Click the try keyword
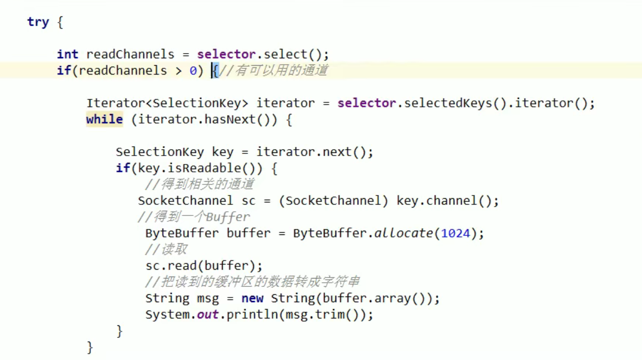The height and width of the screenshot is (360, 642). pos(38,22)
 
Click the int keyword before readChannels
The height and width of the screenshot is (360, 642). pos(67,54)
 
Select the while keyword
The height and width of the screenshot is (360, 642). pos(104,119)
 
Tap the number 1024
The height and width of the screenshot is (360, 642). pos(455,233)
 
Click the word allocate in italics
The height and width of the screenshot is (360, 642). pos(403,233)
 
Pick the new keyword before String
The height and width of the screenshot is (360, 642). pos(252,299)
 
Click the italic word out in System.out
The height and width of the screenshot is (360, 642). pos(208,315)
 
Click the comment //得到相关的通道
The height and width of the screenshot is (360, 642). pos(200,184)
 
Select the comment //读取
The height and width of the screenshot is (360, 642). pos(166,250)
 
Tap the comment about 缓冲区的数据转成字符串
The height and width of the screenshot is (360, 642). pos(252,282)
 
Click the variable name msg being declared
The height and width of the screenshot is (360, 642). pos(208,299)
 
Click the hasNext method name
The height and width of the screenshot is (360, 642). pos(230,119)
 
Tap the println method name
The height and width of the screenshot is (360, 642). pos(244,315)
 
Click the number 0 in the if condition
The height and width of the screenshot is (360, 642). pos(193,70)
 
